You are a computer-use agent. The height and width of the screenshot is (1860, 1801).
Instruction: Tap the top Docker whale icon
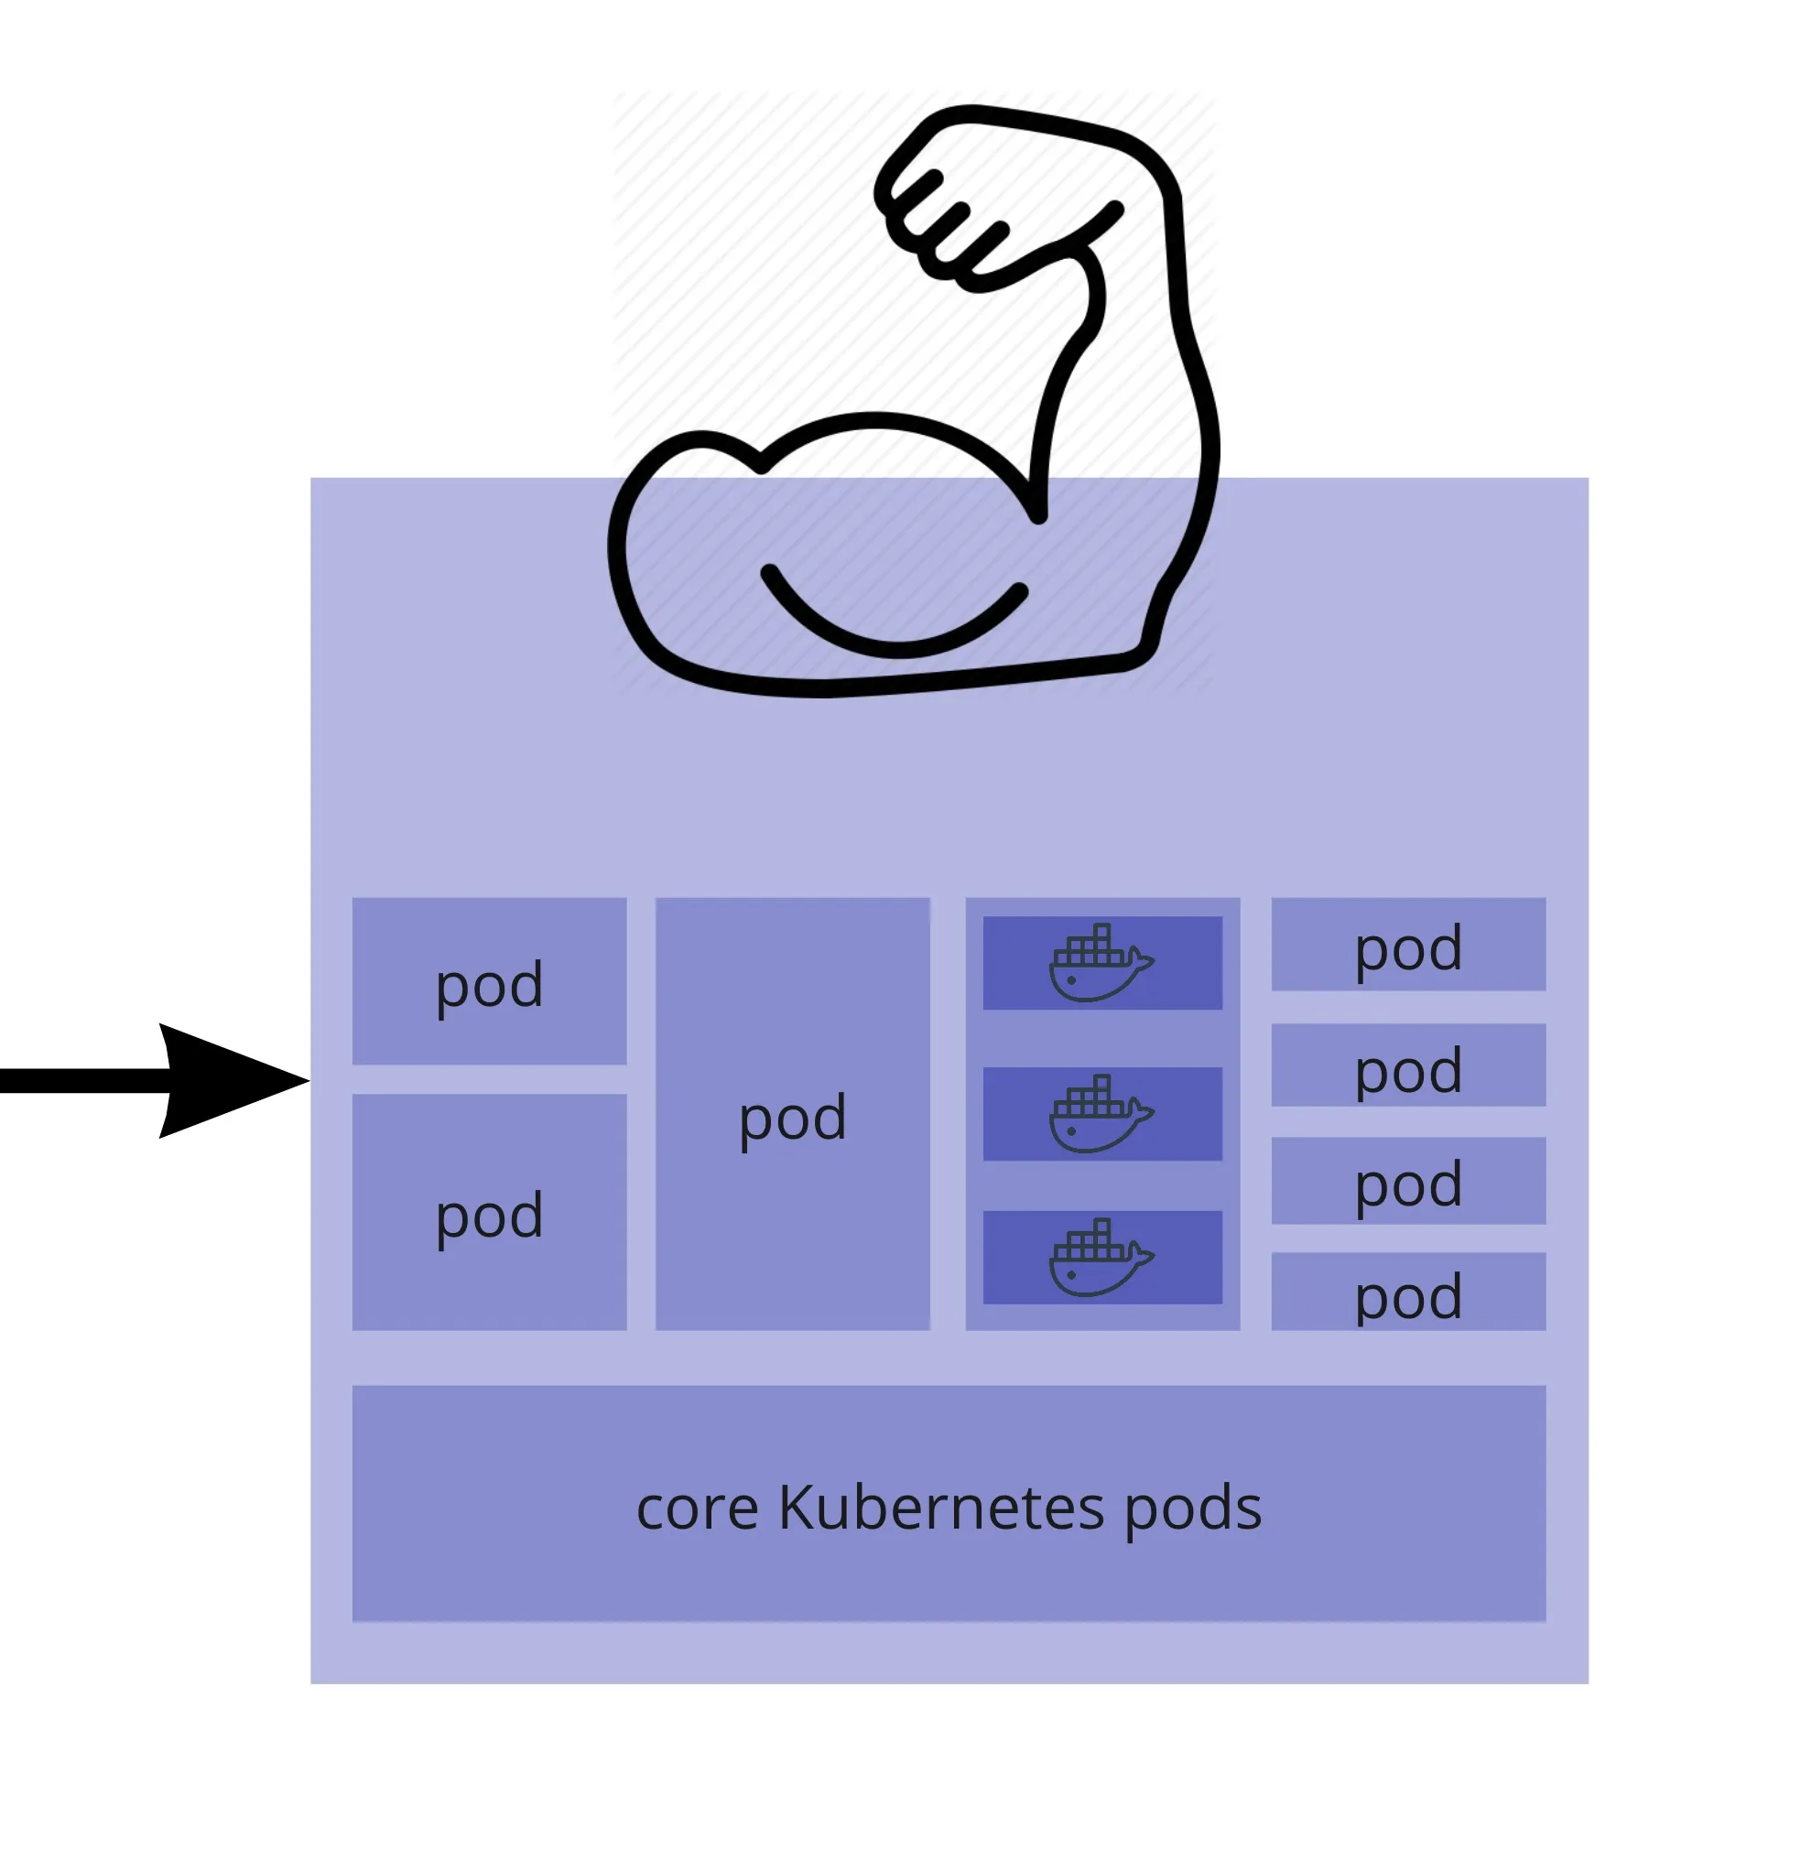[x=1100, y=963]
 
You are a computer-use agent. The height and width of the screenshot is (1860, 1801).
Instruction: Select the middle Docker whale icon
[x=1100, y=1114]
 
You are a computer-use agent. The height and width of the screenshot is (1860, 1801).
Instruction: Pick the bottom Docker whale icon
[x=1100, y=1258]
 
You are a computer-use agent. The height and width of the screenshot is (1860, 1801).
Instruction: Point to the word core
[x=697, y=1509]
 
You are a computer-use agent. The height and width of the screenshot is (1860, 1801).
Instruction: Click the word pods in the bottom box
[x=1192, y=1509]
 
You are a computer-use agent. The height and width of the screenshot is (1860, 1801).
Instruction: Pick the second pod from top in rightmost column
[x=1408, y=1066]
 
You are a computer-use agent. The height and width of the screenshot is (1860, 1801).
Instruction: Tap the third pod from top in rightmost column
[x=1408, y=1182]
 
